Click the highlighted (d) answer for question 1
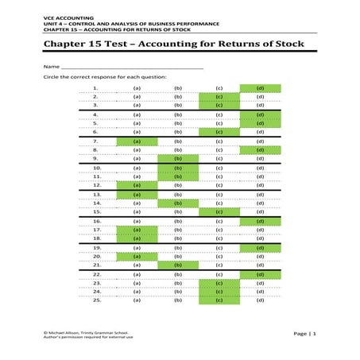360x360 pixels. click(x=260, y=88)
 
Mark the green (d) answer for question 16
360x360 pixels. click(x=260, y=221)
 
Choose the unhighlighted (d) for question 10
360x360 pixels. click(x=260, y=168)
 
